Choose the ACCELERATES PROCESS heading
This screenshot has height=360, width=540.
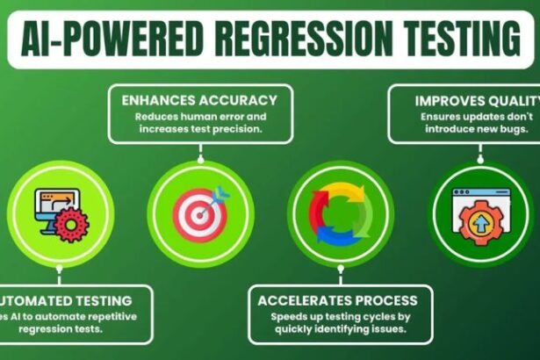(x=338, y=300)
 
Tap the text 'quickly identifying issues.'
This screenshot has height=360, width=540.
(x=338, y=330)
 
